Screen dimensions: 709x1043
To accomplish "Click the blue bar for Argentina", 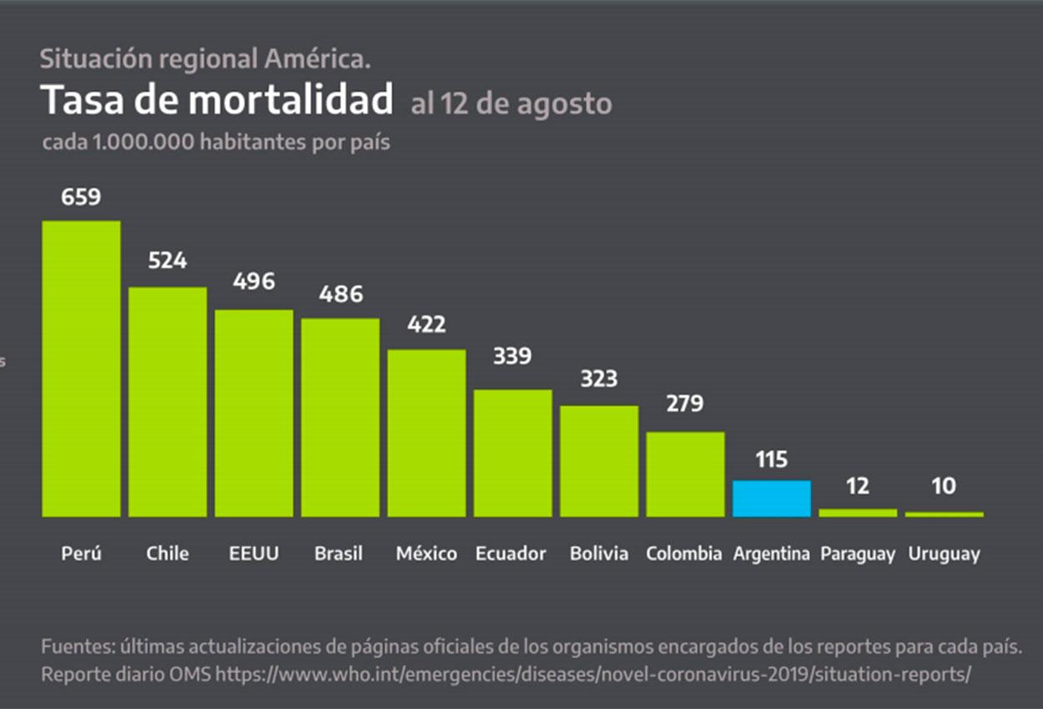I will (x=771, y=498).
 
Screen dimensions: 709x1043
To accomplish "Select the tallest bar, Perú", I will (x=81, y=369).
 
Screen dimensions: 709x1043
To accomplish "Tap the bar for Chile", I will (x=168, y=401).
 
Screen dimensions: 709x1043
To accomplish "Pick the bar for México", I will (x=426, y=432).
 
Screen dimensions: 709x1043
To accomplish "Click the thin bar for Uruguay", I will (x=944, y=514).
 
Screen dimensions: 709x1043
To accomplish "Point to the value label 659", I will (x=81, y=197).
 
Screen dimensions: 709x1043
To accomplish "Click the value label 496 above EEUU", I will (x=254, y=282).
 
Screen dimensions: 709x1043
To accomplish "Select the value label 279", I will (x=685, y=404).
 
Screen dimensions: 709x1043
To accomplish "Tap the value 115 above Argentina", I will (x=771, y=460).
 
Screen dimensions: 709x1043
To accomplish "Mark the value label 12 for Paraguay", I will (x=857, y=486).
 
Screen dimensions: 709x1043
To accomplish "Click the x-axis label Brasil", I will (x=339, y=554).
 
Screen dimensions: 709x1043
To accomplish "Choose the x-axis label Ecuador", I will (x=511, y=554).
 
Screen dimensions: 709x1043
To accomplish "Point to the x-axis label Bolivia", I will (x=599, y=554).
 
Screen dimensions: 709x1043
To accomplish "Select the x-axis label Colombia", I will (x=684, y=554).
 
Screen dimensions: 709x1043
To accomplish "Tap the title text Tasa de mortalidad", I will (x=217, y=100).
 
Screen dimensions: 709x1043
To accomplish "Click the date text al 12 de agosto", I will (x=511, y=104).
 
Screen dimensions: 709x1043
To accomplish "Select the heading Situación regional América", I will (x=205, y=59).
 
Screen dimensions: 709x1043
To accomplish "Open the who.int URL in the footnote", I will (x=592, y=674).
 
